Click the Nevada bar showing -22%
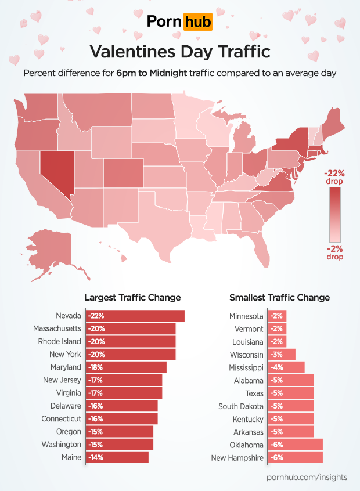point(135,316)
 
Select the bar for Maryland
point(126,367)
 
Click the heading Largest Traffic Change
point(132,298)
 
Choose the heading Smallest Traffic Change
point(279,298)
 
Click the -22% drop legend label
point(334,177)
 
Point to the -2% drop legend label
point(334,252)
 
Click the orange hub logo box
point(197,22)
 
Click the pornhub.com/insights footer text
point(307,477)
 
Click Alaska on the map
point(53,250)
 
